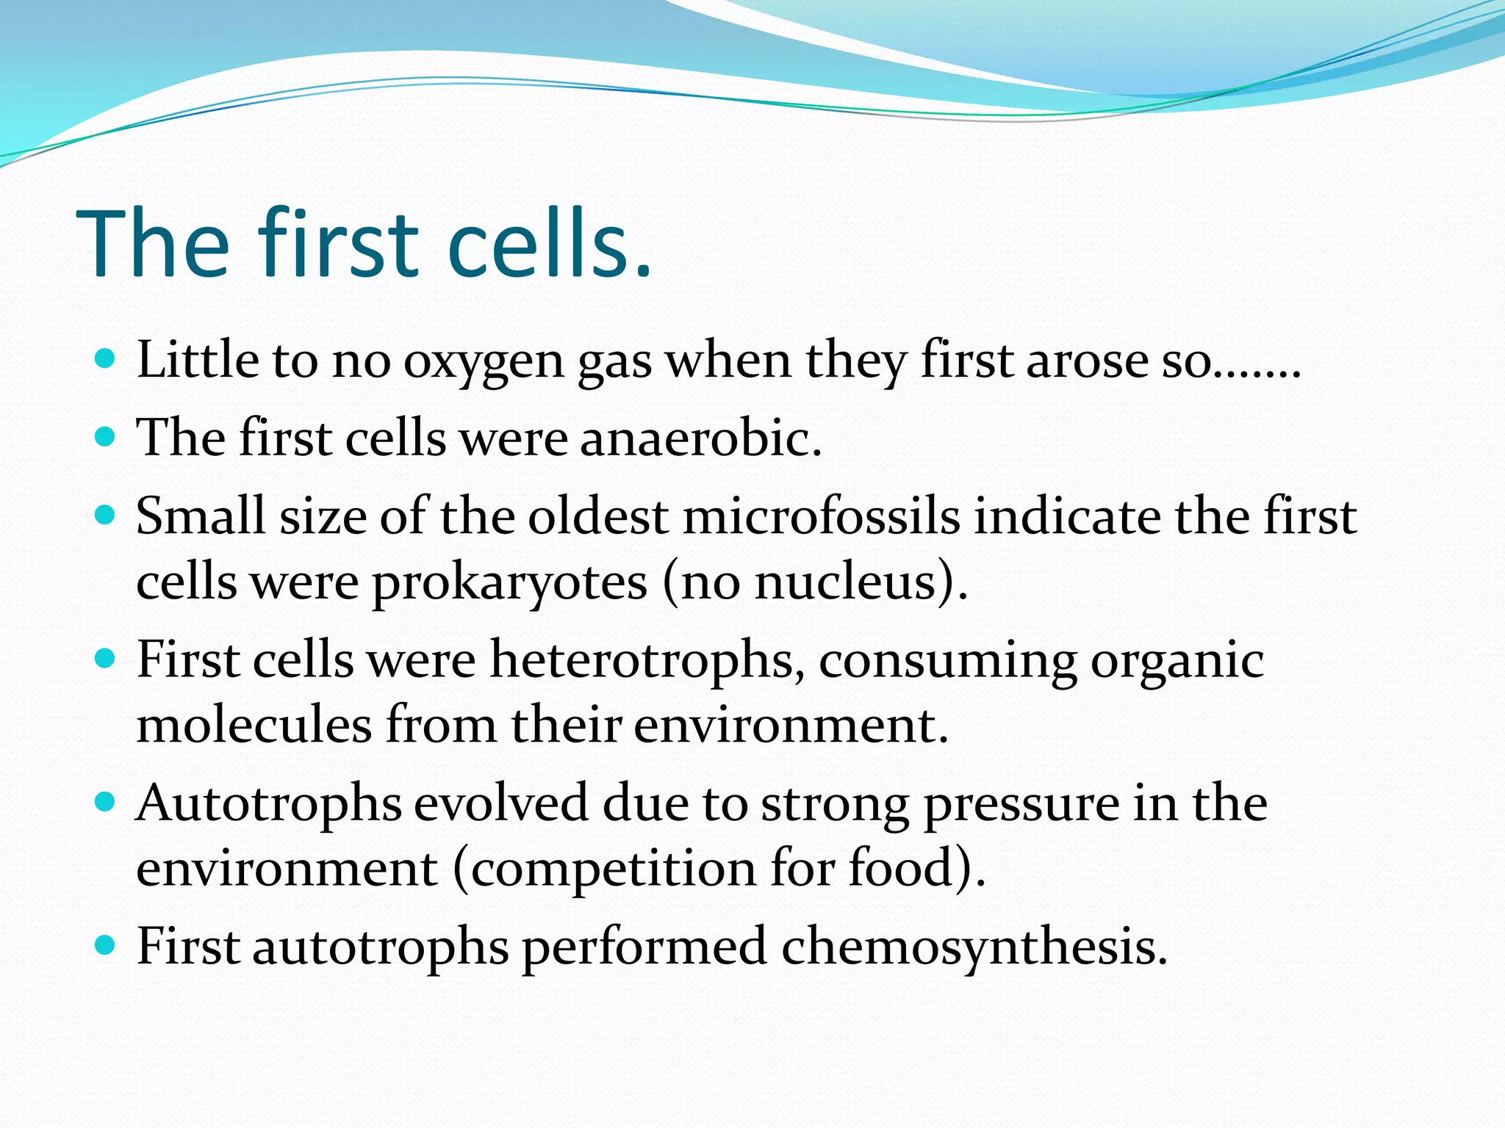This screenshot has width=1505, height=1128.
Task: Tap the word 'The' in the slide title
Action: click(x=153, y=244)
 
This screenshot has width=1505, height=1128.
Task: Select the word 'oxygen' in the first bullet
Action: click(x=483, y=362)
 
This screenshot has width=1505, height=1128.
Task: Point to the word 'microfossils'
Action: click(x=821, y=516)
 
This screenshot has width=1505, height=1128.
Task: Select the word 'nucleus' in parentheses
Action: click(x=845, y=582)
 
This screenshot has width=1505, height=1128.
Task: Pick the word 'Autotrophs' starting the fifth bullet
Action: click(x=269, y=803)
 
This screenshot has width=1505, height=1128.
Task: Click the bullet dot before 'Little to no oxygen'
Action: click(x=106, y=359)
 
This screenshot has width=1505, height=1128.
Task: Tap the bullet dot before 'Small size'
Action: click(x=106, y=515)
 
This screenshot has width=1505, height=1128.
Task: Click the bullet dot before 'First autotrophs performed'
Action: click(x=106, y=944)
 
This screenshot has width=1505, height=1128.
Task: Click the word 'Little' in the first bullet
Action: click(x=197, y=361)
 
